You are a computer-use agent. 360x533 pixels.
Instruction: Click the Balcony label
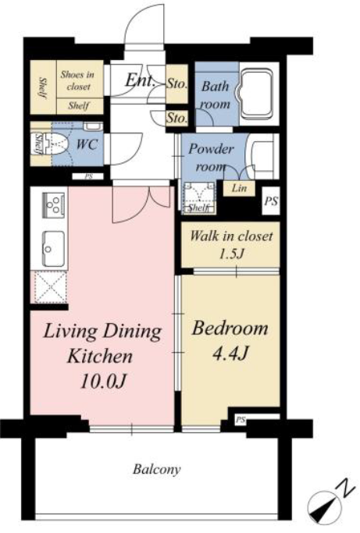156,470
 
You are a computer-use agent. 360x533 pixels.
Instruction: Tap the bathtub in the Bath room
257,94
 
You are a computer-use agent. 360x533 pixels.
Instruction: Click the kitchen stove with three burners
54,205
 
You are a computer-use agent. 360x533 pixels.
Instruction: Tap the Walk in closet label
231,236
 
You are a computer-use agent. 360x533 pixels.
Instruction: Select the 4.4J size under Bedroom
230,354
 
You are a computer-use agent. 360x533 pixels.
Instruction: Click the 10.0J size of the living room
103,381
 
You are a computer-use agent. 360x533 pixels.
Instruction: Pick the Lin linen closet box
239,188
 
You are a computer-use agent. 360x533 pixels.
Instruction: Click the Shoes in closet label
77,80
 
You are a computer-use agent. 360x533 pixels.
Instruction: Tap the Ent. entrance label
140,80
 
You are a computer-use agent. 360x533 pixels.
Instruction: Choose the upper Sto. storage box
177,84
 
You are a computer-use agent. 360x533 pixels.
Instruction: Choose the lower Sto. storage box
177,118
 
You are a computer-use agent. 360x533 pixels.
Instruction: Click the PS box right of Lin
271,201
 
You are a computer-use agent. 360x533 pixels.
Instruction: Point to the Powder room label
211,158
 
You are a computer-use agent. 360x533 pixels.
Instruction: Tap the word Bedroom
230,329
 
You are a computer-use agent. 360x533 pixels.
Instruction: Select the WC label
87,144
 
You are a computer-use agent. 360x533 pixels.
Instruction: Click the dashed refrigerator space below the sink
50,287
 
